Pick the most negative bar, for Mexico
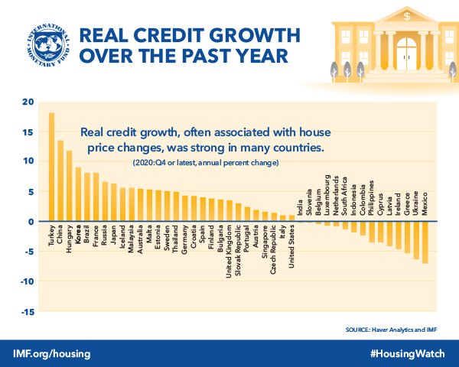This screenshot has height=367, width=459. point(425,242)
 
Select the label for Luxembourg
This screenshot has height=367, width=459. point(327,196)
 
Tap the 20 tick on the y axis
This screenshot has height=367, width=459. point(29,102)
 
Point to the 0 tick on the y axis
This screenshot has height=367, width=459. point(31,222)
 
